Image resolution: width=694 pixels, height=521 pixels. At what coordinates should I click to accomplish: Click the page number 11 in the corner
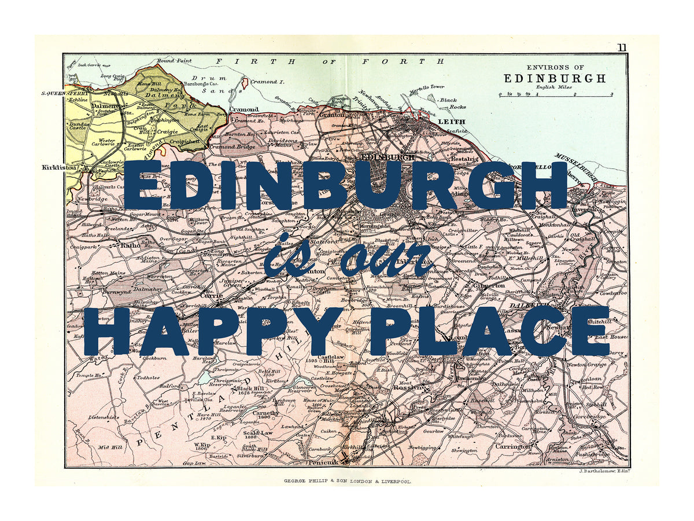click(x=621, y=47)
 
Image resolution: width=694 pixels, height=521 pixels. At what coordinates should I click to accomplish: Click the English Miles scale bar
click(x=556, y=94)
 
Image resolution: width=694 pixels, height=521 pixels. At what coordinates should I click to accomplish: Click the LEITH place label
click(x=448, y=122)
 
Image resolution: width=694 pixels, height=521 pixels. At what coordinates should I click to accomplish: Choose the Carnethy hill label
click(x=266, y=413)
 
